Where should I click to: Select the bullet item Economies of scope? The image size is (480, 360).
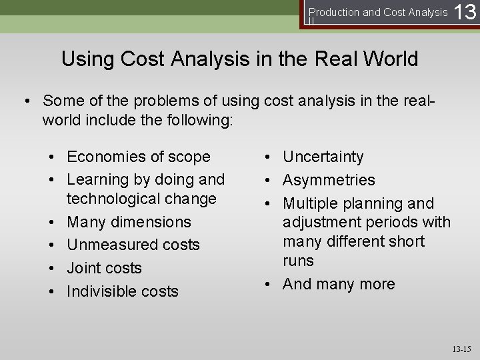click(x=139, y=157)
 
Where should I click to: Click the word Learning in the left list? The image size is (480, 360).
click(x=98, y=179)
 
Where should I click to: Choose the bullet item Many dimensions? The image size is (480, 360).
click(x=129, y=222)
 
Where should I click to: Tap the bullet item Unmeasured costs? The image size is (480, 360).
click(x=133, y=245)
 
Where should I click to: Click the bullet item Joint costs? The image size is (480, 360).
click(x=105, y=268)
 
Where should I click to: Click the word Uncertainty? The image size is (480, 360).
click(x=323, y=157)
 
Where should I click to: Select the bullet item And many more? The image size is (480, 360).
click(x=339, y=284)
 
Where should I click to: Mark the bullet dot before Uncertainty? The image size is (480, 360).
click(x=267, y=157)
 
